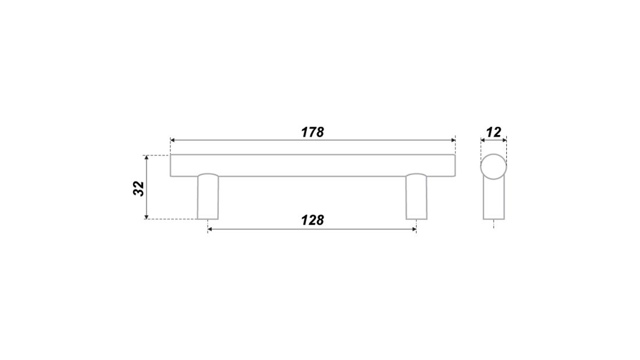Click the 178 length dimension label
click(312, 132)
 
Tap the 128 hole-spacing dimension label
click(312, 220)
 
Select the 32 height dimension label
click(139, 188)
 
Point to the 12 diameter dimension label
click(493, 132)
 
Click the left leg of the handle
click(208, 197)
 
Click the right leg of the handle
click(417, 197)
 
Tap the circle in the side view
click(493, 154)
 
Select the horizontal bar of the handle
click(312, 165)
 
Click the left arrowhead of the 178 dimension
click(172, 140)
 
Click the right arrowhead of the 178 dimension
click(453, 140)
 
